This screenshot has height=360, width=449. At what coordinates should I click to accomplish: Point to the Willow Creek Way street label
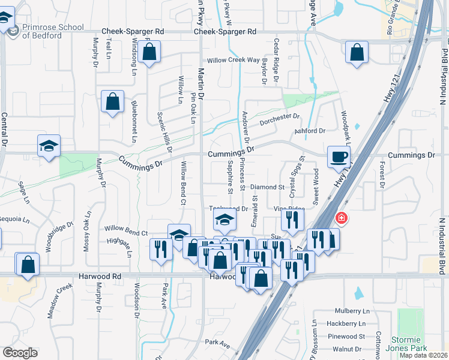pos(234,61)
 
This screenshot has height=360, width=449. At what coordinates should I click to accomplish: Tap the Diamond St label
pos(267,187)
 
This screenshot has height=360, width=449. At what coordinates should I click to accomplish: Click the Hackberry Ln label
pos(351,323)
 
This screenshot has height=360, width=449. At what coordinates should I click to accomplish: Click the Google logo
pos(20,352)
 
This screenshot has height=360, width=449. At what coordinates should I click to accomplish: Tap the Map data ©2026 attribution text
pos(424,355)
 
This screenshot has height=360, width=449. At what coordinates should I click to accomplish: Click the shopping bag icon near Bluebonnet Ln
pos(112,101)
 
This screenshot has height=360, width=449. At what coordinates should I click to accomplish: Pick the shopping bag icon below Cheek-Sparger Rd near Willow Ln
pos(150,52)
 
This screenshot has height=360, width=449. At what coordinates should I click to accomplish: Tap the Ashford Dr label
pos(310,131)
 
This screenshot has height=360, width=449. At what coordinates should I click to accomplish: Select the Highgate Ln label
pos(118,240)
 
